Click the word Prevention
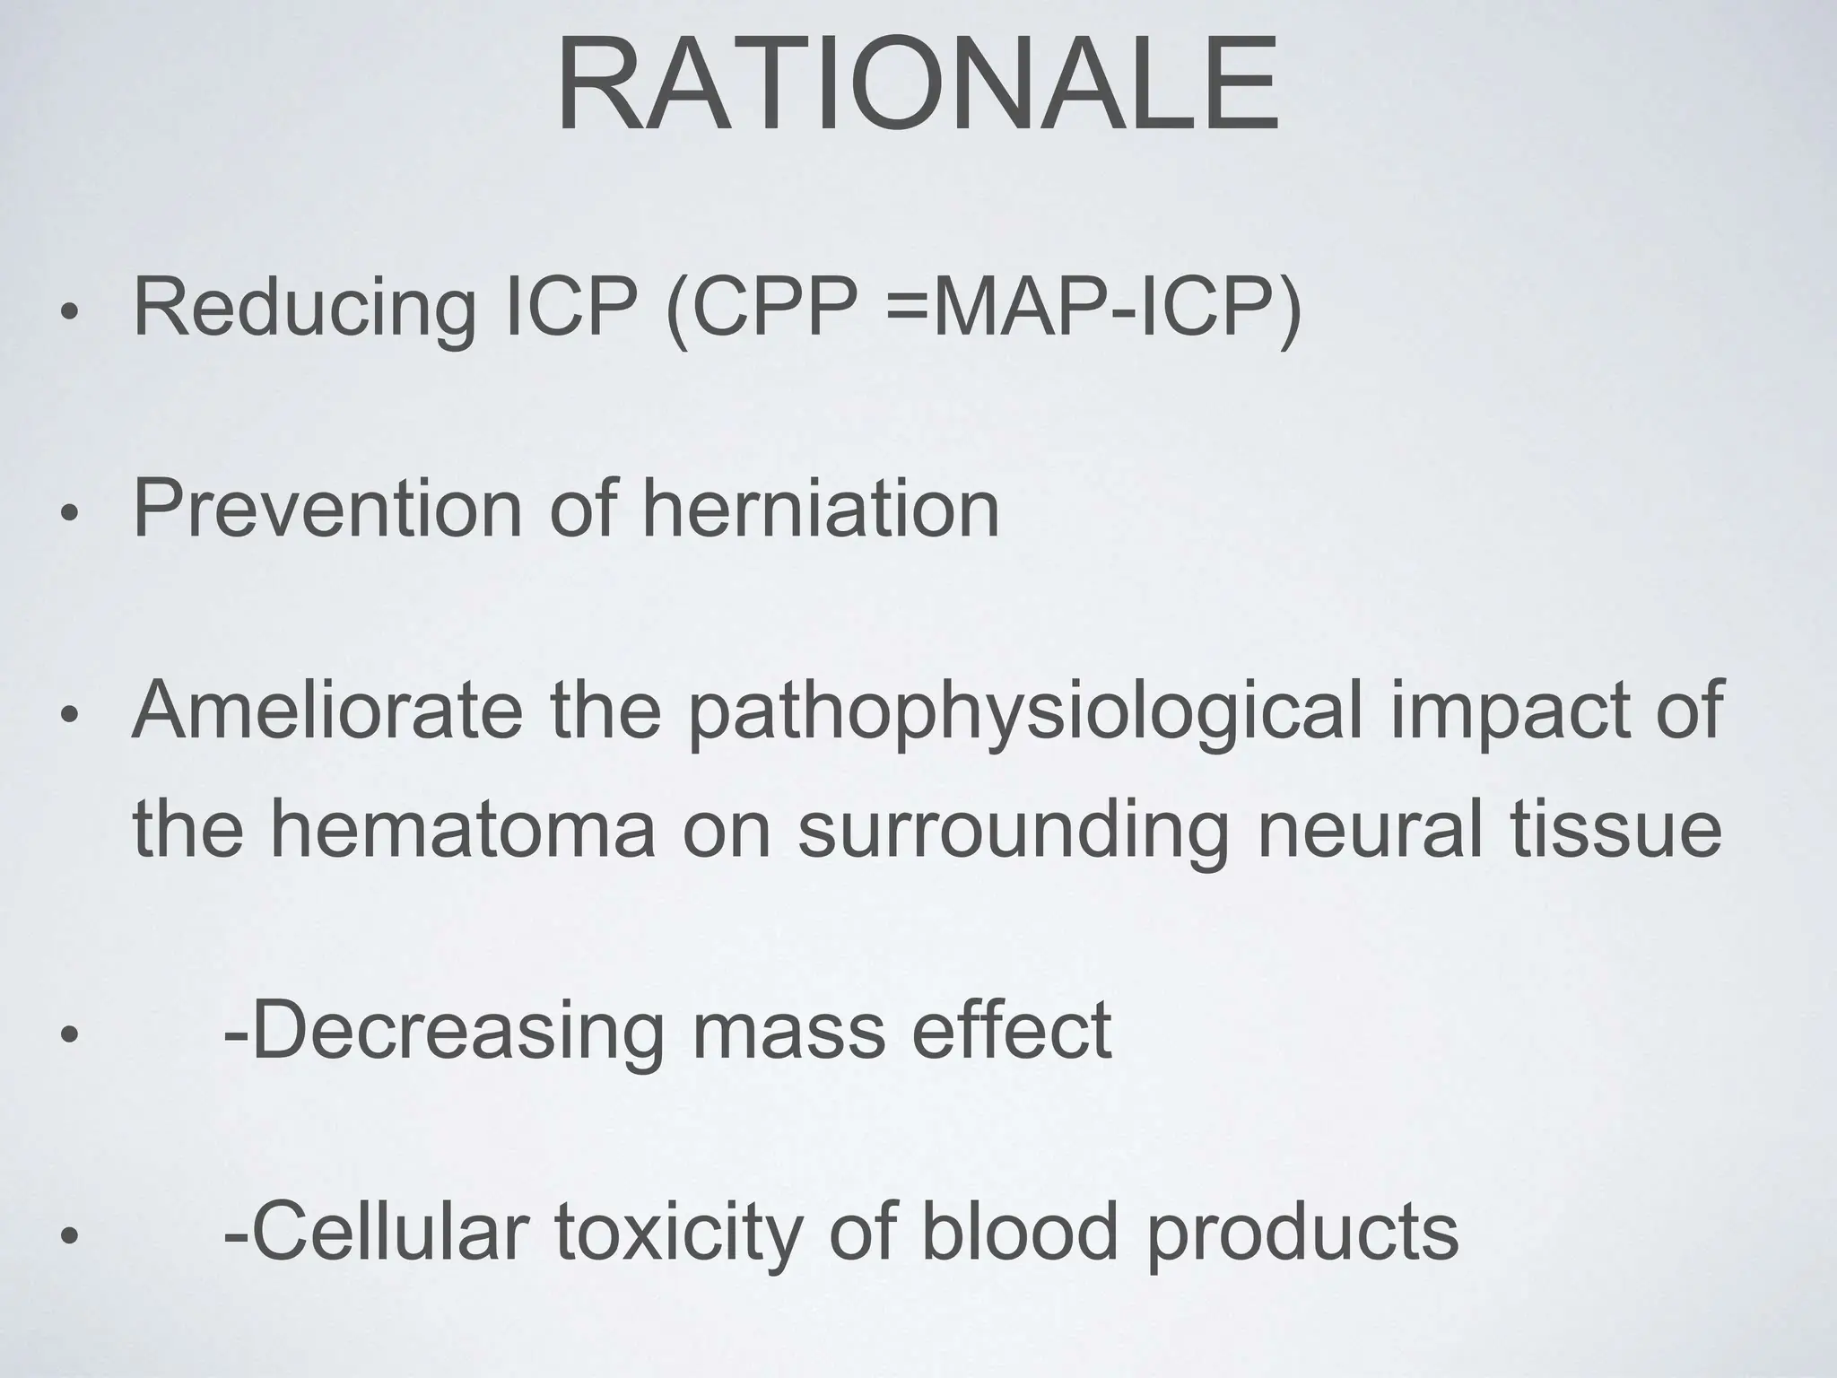[326, 509]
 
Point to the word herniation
[821, 509]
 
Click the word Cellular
[397, 1231]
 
